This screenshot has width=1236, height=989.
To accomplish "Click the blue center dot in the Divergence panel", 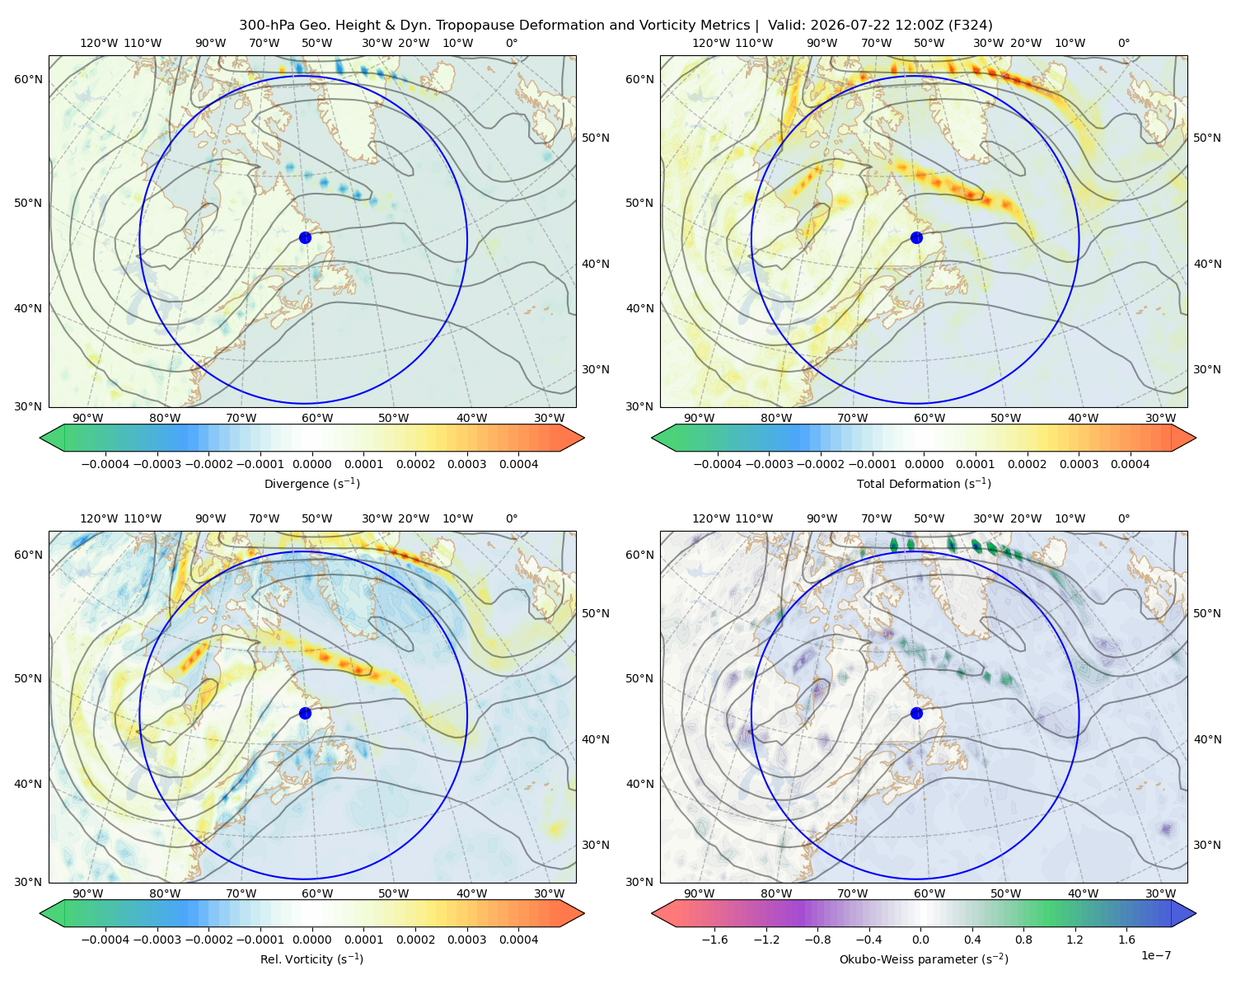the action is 305,237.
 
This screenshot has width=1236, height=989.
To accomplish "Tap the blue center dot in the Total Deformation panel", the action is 916,237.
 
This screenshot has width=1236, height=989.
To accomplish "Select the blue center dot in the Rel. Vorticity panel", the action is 305,713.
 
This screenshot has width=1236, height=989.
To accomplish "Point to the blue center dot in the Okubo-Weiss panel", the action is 916,713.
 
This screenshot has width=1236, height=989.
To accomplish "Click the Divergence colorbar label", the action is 311,483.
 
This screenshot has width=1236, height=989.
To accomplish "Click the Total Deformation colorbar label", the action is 924,483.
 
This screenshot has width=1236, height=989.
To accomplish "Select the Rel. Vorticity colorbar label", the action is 311,959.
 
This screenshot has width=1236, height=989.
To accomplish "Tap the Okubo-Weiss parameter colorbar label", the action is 924,959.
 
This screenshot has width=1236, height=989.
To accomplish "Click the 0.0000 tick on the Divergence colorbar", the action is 311,464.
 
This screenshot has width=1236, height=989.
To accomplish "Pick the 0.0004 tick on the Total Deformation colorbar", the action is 1130,464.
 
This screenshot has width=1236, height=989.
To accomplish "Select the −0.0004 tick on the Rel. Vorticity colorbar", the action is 105,940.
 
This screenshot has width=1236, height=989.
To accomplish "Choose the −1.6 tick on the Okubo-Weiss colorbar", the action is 714,940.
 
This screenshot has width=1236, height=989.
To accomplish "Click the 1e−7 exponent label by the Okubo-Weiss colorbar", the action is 1155,955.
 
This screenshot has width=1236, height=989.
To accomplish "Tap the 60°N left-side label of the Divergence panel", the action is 28,79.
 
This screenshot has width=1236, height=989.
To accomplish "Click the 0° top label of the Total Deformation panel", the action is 1123,43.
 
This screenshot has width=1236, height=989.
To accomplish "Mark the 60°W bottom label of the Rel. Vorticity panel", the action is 317,893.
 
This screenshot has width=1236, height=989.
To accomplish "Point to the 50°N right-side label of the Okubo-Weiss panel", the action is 1206,613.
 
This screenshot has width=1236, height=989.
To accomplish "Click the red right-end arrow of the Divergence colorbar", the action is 572,438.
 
